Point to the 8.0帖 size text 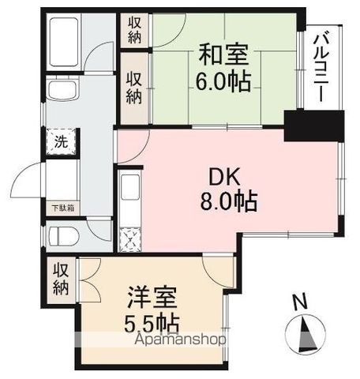click(228, 203)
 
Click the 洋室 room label click(151, 300)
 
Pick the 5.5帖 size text click(152, 324)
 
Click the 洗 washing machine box click(61, 144)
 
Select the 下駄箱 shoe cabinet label click(63, 208)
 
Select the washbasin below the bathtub click(61, 91)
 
